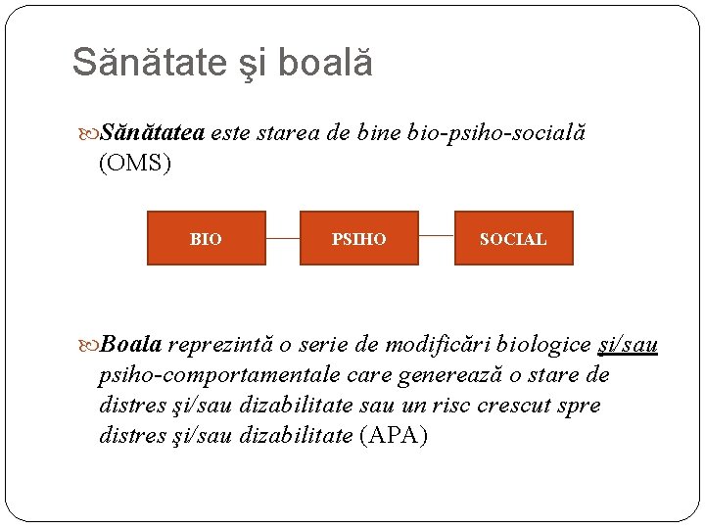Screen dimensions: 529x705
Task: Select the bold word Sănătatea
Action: coord(153,134)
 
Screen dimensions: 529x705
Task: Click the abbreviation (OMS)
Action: coord(135,164)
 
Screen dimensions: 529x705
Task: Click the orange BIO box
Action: coord(206,238)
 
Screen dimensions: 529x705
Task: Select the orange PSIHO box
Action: coord(358,238)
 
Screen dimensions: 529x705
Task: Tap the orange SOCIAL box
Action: coord(513,238)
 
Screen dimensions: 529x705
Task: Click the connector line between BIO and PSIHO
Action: coord(282,238)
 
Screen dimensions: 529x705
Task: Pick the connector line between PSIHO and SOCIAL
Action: coord(436,236)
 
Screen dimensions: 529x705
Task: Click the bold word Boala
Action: coord(131,345)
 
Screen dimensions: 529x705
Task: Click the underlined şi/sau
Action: coord(628,345)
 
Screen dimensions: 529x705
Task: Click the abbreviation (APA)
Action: coord(394,436)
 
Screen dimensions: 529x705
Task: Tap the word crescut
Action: coord(514,406)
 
